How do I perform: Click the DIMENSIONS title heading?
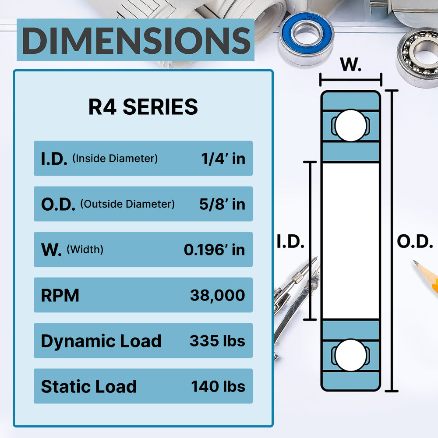click(x=136, y=40)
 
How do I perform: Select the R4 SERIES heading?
click(x=143, y=107)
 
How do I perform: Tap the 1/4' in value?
click(x=223, y=159)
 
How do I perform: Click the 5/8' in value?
click(x=223, y=204)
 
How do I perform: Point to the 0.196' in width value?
click(x=214, y=250)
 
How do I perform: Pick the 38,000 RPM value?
click(x=217, y=295)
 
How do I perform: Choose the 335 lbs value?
click(x=217, y=341)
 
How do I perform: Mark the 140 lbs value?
click(x=218, y=386)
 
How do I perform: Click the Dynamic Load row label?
click(x=101, y=341)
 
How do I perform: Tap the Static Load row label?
click(x=89, y=387)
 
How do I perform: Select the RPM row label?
click(x=60, y=296)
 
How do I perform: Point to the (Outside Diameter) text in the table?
click(x=127, y=204)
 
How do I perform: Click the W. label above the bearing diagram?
click(x=351, y=65)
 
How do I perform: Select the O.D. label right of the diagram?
click(x=415, y=242)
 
